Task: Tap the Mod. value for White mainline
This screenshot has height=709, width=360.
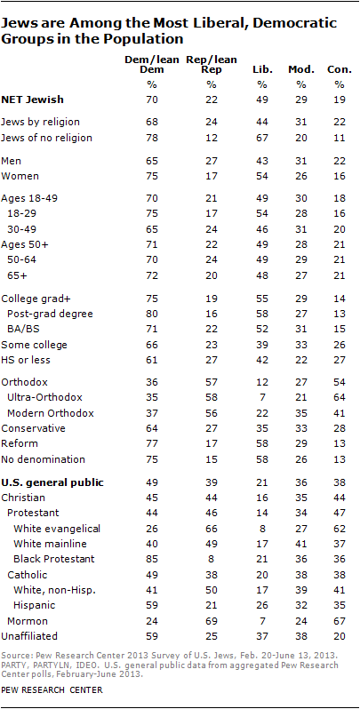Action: (x=296, y=542)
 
